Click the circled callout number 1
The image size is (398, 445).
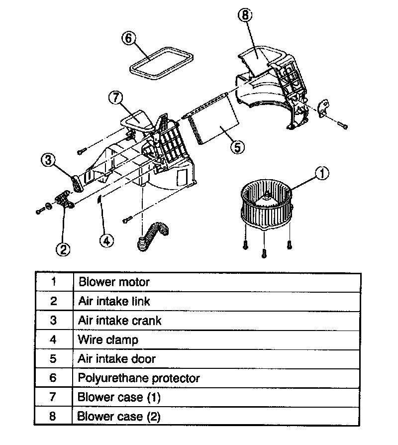[322, 174]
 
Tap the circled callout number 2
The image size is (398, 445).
[63, 249]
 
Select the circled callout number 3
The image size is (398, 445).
[48, 160]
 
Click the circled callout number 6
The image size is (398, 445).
[128, 39]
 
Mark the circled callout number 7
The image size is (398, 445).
[115, 98]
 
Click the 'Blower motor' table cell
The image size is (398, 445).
[216, 282]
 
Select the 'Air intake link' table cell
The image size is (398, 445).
[216, 301]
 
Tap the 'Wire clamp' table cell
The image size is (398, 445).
[216, 339]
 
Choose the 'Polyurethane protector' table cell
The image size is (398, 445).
[216, 378]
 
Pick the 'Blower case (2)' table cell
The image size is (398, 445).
[216, 416]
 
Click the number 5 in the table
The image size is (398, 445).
[54, 359]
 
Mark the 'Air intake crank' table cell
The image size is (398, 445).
[216, 321]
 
